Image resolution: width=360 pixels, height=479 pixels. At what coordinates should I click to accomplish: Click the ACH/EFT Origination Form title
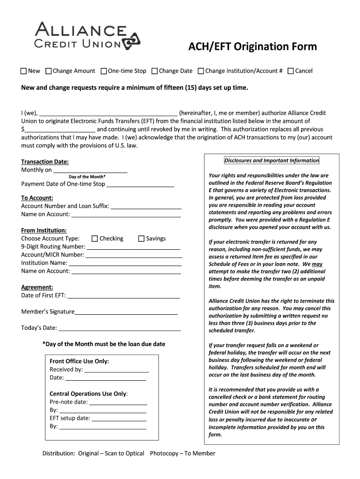click(252, 47)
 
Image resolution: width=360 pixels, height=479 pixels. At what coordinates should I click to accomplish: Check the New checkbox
click(24, 71)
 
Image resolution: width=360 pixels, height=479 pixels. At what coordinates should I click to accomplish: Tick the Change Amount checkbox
click(49, 71)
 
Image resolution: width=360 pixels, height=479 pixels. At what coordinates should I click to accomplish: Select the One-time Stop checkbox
click(104, 71)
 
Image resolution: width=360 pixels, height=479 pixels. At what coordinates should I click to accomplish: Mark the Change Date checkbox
click(155, 71)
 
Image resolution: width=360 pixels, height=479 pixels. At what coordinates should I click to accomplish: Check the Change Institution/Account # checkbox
click(201, 71)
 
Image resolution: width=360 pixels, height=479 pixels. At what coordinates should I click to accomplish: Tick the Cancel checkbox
click(290, 71)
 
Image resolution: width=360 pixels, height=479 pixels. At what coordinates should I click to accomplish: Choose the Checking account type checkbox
click(95, 239)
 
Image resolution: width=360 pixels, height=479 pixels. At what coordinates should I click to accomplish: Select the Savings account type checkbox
click(141, 239)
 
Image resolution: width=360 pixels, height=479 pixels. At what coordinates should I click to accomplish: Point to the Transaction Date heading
click(45, 162)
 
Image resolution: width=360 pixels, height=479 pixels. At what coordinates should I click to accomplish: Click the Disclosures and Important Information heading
click(271, 160)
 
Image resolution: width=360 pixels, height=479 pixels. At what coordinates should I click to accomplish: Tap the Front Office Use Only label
click(79, 361)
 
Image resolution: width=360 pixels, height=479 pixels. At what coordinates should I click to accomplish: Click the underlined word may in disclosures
click(317, 264)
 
